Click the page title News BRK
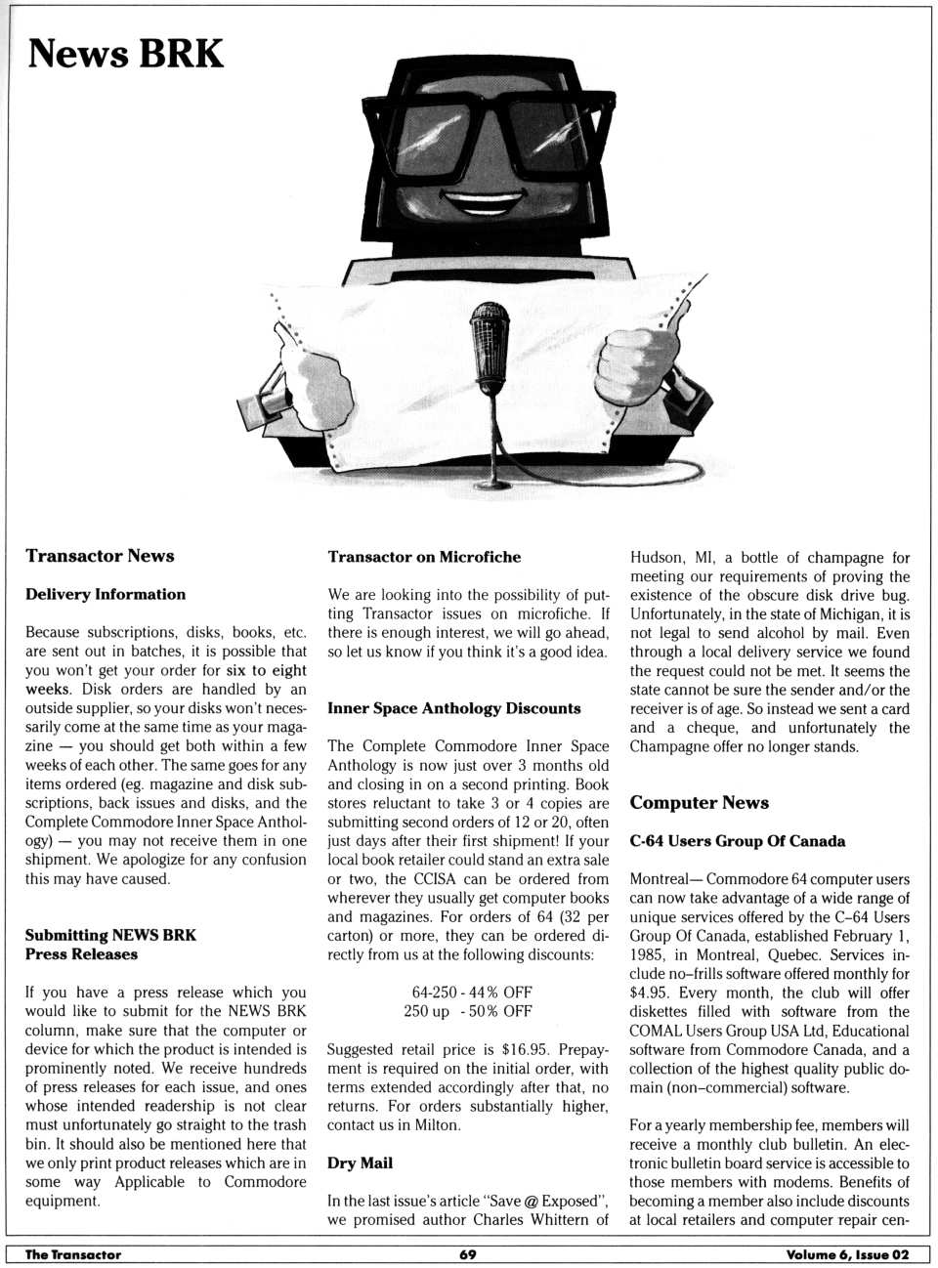point(125,54)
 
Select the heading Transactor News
point(100,556)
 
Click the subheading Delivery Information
point(106,594)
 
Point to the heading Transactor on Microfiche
point(424,557)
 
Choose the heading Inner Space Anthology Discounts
point(453,708)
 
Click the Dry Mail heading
point(360,1162)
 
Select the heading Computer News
point(699,803)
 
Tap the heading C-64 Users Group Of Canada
point(737,841)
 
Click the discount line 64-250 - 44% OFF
point(472,992)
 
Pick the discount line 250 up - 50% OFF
point(468,1011)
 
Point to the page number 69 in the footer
point(468,1254)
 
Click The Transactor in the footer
point(73,1254)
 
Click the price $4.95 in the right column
point(651,993)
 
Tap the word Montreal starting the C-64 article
point(664,879)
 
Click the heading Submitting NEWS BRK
point(110,935)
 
